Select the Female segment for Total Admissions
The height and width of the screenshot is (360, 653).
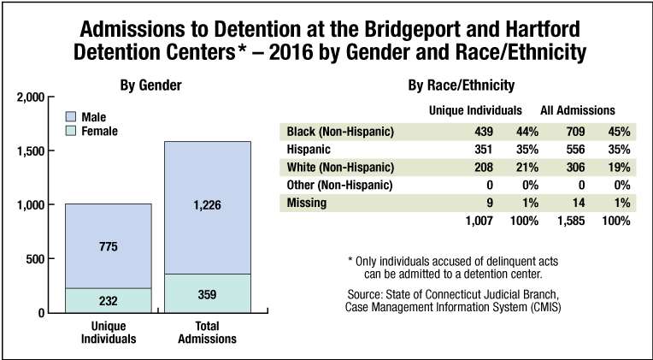tap(207, 292)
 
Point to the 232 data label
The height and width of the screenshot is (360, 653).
tap(109, 301)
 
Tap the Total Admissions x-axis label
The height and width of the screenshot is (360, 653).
tap(207, 333)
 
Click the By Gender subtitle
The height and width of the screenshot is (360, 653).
tap(150, 86)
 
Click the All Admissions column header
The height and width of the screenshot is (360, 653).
tap(578, 110)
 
